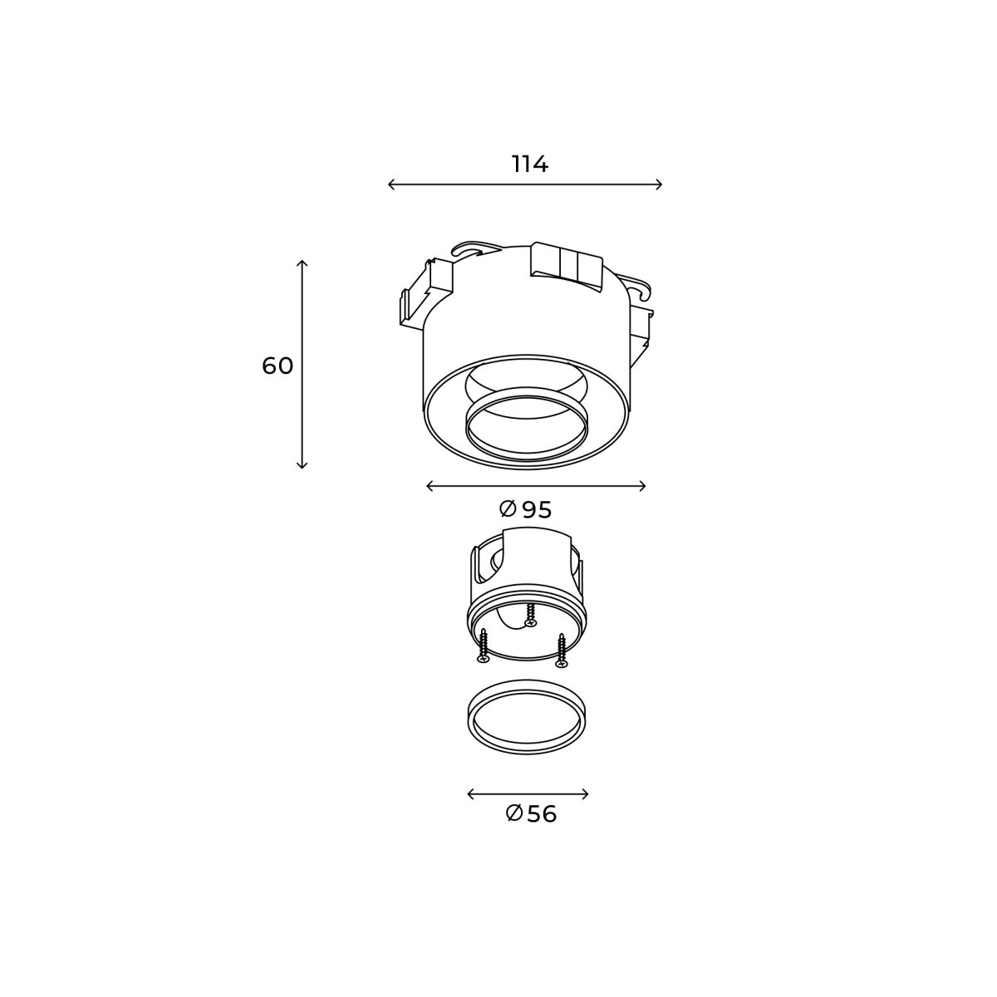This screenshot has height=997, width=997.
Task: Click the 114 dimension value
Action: point(530,164)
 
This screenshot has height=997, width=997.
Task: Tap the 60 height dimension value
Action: point(277,366)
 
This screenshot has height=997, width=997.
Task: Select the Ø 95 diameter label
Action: point(526,509)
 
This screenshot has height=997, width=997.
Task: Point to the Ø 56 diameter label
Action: point(531,814)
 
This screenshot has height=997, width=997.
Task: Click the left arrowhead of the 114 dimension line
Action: point(390,184)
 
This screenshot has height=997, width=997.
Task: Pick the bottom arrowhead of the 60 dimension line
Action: point(302,465)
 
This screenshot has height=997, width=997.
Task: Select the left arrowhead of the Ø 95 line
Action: point(429,486)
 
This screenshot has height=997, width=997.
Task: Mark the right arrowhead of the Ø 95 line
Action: point(643,486)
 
